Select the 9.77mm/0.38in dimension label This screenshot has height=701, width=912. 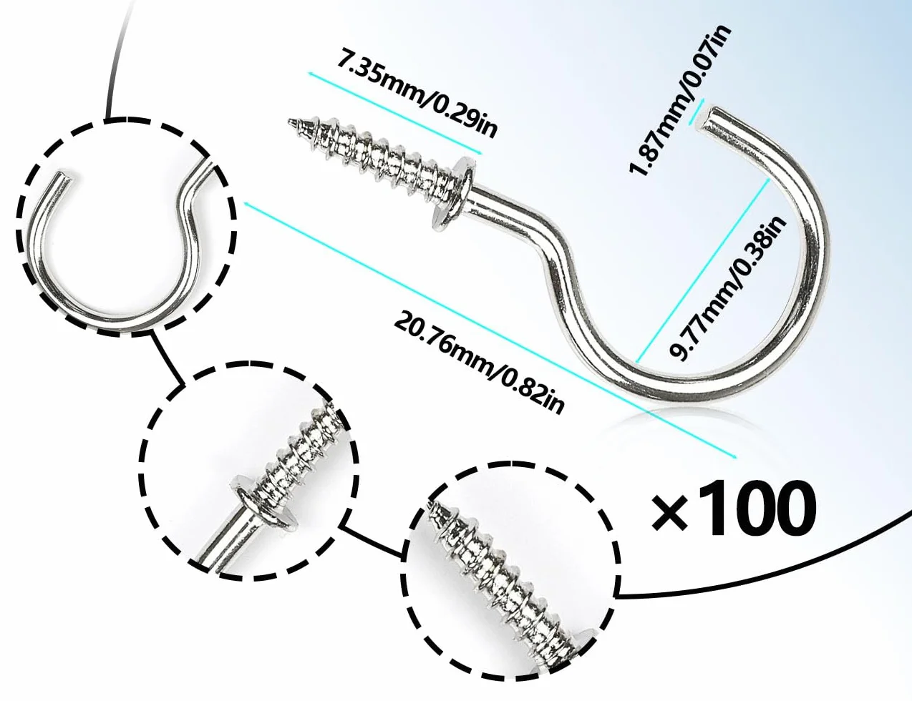728,289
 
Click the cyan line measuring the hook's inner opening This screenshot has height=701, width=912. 702,270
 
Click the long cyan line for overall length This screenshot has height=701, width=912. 490,330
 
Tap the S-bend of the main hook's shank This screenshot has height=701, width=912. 558,273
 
